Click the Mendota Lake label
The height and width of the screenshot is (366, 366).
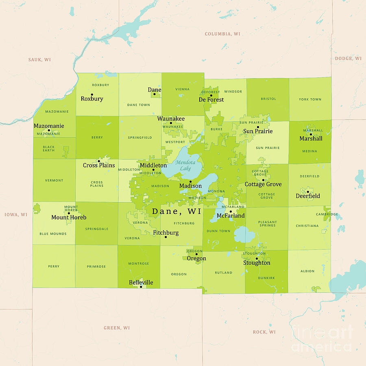(x=185, y=165)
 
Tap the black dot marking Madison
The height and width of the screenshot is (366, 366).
(x=190, y=181)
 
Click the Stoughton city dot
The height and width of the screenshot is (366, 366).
(x=257, y=258)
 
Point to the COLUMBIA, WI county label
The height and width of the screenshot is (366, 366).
(x=222, y=34)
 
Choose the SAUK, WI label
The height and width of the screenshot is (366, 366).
(x=39, y=60)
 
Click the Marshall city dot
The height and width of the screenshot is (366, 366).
(x=311, y=134)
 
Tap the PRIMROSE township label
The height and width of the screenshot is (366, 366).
(x=96, y=267)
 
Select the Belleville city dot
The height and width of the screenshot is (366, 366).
(x=141, y=287)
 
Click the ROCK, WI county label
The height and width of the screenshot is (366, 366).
(x=264, y=332)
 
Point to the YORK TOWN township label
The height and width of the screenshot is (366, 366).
(x=310, y=99)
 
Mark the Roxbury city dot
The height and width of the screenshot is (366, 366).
(x=92, y=94)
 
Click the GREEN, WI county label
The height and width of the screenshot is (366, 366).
(x=117, y=328)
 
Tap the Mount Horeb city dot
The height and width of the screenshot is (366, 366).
(x=69, y=213)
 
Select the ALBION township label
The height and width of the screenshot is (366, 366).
(x=307, y=271)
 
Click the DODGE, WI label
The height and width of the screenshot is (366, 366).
(x=348, y=59)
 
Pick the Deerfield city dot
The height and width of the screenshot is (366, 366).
(x=308, y=192)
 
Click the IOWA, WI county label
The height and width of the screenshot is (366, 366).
(x=16, y=214)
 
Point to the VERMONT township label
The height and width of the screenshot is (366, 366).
(x=54, y=180)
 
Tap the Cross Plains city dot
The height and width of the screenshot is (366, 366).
(x=99, y=161)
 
